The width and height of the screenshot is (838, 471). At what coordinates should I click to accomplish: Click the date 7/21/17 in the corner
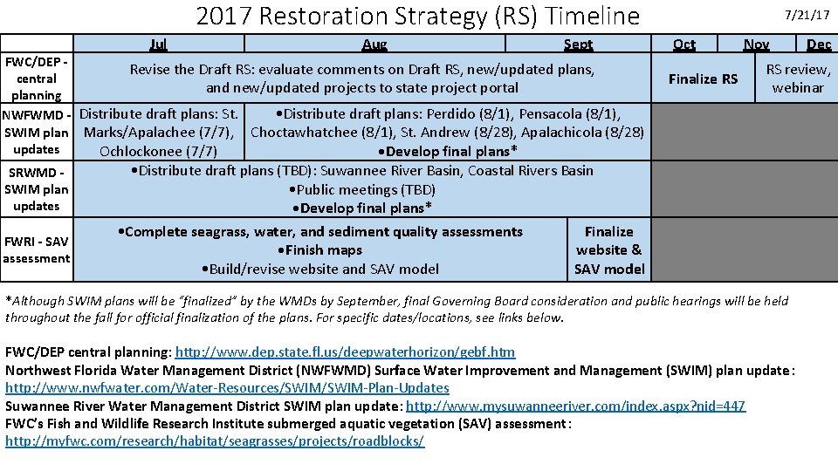click(809, 15)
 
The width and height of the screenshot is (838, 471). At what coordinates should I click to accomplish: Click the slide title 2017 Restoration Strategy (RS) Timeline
click(417, 17)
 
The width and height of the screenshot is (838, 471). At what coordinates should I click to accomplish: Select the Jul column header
click(158, 44)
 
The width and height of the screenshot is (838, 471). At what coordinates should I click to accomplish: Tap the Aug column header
click(374, 44)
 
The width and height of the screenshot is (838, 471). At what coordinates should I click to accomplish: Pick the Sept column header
click(578, 44)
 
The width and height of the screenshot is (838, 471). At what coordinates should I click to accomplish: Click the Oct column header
click(684, 44)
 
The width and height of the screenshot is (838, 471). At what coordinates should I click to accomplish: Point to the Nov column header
click(756, 44)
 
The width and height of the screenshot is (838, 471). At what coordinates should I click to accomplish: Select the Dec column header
click(819, 44)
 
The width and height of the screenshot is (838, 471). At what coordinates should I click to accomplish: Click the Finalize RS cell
click(703, 78)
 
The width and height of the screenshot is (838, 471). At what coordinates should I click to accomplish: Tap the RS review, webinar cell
click(798, 78)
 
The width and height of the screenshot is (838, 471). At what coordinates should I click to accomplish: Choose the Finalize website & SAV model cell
click(609, 250)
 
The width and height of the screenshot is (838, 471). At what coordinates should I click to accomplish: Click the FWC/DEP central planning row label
click(37, 78)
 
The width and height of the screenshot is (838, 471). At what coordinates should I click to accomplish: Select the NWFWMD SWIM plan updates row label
click(37, 132)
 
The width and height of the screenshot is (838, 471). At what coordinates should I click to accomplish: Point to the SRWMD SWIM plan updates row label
click(37, 188)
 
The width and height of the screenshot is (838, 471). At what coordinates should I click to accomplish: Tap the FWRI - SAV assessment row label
click(37, 249)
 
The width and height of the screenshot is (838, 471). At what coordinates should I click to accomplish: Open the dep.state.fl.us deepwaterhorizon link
click(345, 352)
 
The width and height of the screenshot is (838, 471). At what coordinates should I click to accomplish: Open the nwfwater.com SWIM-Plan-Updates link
click(227, 388)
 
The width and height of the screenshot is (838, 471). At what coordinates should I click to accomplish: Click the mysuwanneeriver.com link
click(575, 406)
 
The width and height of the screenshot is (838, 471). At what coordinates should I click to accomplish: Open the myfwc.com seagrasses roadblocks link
click(215, 441)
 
